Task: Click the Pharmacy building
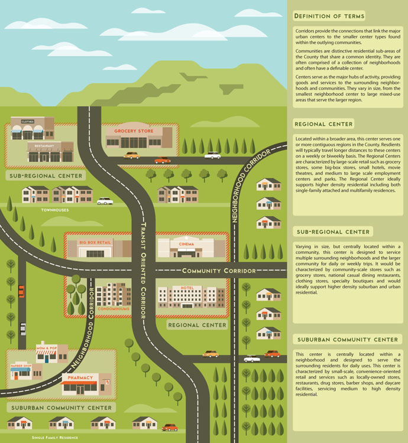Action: pos(86,385)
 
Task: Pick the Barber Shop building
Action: pos(24,372)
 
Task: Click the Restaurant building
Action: pos(50,152)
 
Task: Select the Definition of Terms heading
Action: pos(329,16)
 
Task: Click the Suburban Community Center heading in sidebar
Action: pos(347,340)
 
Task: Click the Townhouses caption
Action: pos(55,210)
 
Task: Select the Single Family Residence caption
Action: pos(55,438)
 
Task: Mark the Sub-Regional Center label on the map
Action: pos(46,176)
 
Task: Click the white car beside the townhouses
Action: pos(105,201)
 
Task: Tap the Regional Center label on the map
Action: pos(197,325)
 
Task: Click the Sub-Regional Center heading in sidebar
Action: pos(333,232)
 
